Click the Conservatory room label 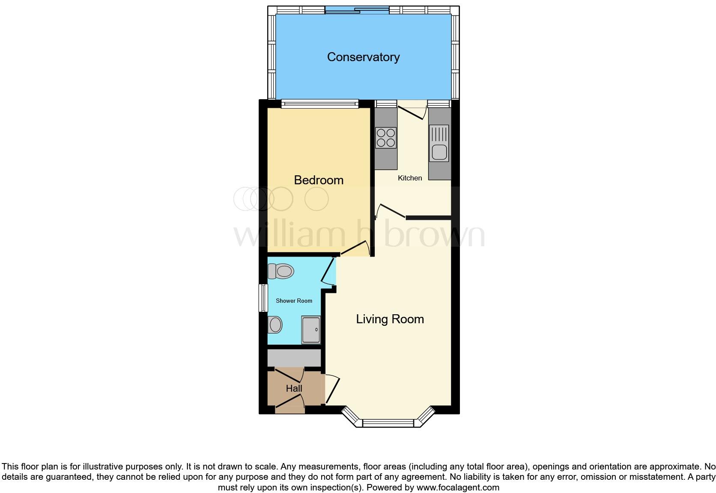[x=363, y=57]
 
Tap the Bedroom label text [x=319, y=180]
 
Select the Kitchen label [x=410, y=178]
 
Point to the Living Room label [x=390, y=319]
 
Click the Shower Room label [x=294, y=301]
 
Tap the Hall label [x=294, y=388]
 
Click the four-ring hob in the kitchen [x=385, y=138]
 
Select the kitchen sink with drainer [x=439, y=143]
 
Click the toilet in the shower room [x=281, y=271]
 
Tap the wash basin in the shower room [x=274, y=325]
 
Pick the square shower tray [x=311, y=330]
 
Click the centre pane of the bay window [x=388, y=423]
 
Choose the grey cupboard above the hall [x=294, y=358]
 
